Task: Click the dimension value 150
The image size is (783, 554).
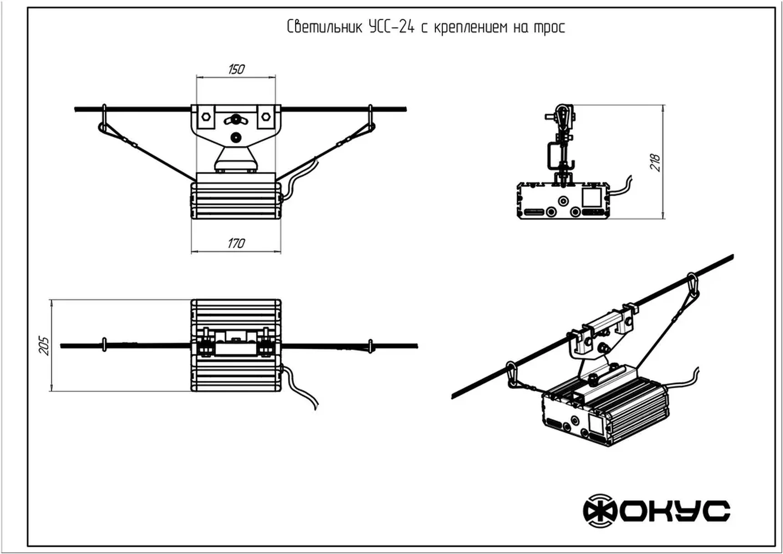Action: coord(236,69)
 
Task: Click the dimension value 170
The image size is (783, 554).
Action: coord(236,243)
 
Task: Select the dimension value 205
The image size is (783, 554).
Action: coord(44,345)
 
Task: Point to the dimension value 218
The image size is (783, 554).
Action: coord(655,163)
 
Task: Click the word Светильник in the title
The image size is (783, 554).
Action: coord(325,27)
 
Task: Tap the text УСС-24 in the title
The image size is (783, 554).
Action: coord(391,27)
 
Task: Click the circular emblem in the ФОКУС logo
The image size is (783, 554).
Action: coord(600,511)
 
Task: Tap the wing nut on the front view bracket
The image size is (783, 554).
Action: coord(236,120)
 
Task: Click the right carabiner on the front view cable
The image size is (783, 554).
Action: coord(371,123)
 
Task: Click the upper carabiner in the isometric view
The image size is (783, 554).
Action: coord(692,285)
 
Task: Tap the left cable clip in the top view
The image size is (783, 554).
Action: coord(104,345)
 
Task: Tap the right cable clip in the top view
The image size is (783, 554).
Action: coord(371,346)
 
